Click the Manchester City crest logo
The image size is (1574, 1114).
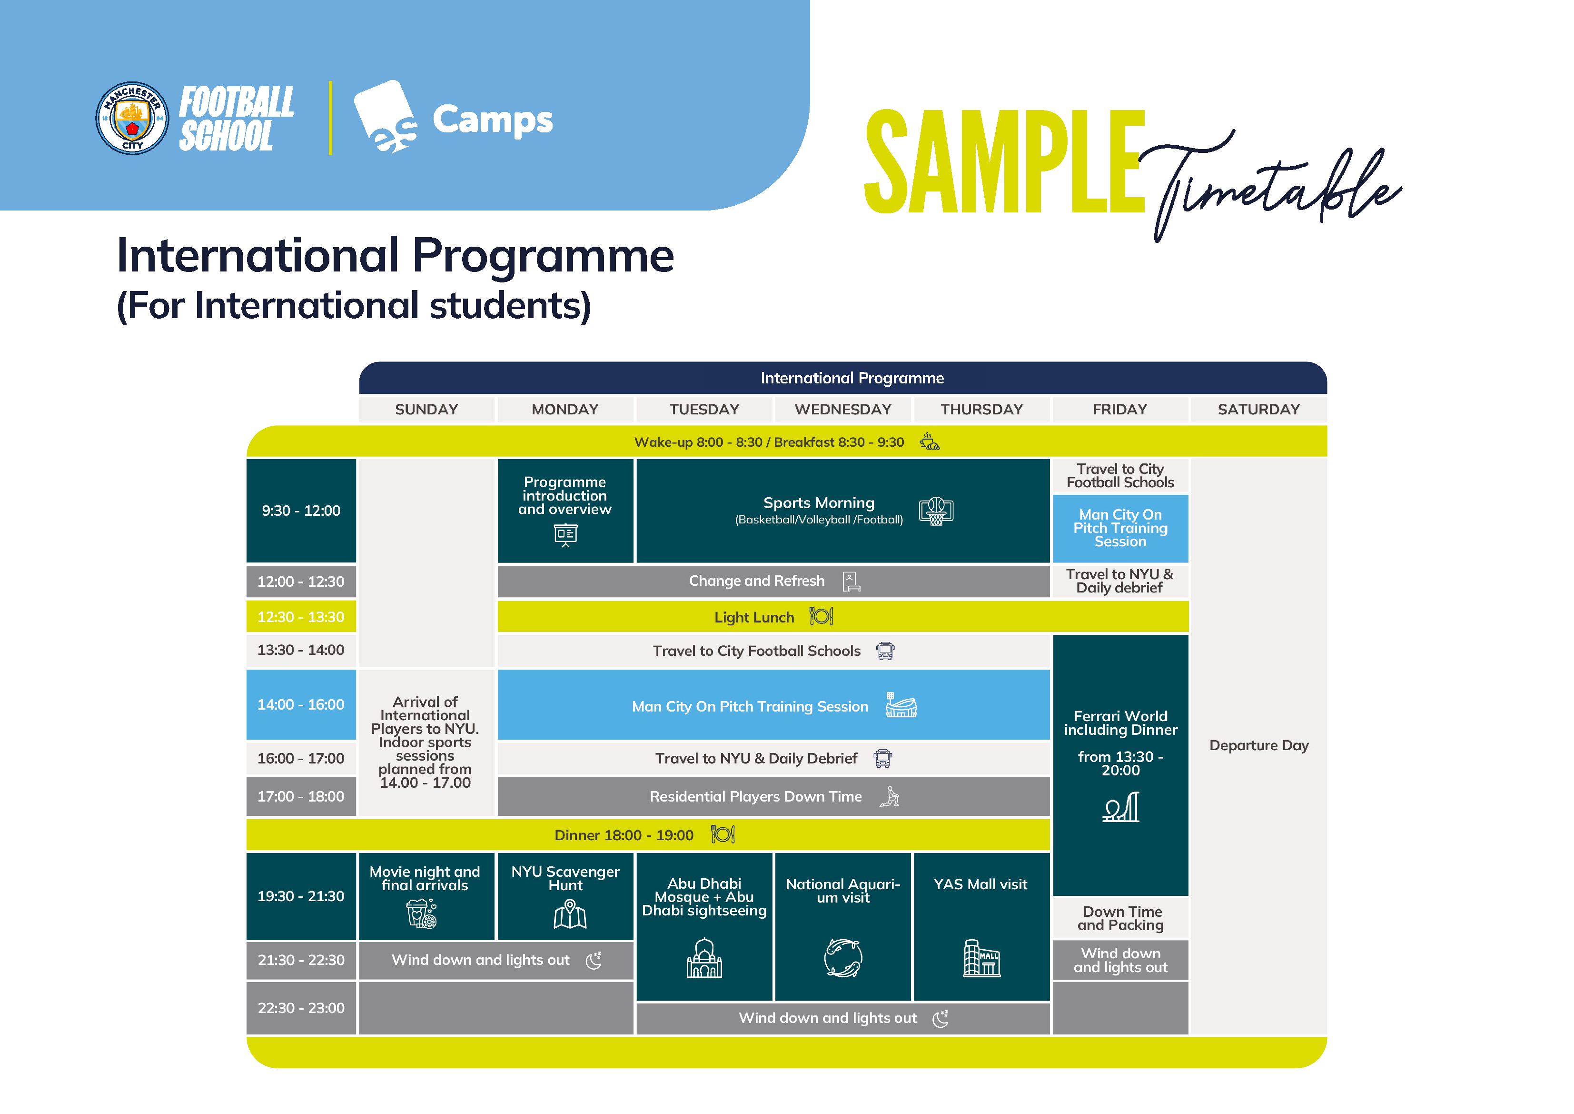[x=132, y=118]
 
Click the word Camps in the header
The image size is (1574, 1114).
[x=492, y=120]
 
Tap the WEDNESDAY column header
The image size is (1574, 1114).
[x=842, y=410]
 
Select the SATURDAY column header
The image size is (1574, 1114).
[x=1258, y=410]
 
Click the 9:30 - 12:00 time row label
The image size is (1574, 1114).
[x=301, y=511]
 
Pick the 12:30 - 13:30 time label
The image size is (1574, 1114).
[x=301, y=617]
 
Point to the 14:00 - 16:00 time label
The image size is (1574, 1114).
[x=301, y=704]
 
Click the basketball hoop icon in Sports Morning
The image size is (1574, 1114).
[x=936, y=511]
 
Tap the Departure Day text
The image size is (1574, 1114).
[x=1258, y=746]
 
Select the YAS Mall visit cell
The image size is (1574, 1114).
[x=980, y=885]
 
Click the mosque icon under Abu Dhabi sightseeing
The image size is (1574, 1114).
[x=704, y=958]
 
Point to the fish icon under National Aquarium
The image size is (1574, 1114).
[x=842, y=958]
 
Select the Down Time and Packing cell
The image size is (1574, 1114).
[x=1120, y=919]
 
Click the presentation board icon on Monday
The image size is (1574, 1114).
[x=565, y=534]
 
